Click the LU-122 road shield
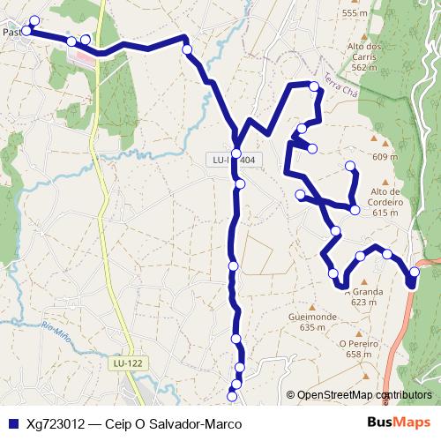(x=128, y=363)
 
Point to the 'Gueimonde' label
(x=306, y=316)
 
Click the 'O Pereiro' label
(x=357, y=344)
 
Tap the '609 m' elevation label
(x=386, y=157)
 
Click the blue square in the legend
(x=12, y=423)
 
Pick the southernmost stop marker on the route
(x=234, y=385)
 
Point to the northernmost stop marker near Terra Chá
(x=313, y=86)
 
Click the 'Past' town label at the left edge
(x=11, y=32)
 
